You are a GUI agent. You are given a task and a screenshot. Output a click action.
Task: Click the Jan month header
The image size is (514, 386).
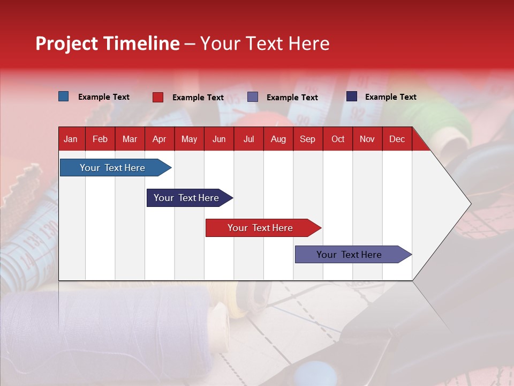[71, 139]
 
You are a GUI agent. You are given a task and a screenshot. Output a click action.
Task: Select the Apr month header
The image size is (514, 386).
[159, 139]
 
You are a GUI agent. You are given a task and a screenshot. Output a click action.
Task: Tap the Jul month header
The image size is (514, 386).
[248, 139]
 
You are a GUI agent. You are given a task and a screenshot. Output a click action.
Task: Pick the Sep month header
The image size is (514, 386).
[307, 139]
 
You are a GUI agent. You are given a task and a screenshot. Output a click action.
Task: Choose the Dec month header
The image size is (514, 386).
[397, 139]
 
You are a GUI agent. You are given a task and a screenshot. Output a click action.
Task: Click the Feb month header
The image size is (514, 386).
[100, 139]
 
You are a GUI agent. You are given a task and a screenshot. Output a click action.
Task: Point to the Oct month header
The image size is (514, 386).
[338, 139]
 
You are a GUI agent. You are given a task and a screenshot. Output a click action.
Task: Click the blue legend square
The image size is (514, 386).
[64, 96]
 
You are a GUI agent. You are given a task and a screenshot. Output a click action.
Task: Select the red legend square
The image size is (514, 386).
[158, 97]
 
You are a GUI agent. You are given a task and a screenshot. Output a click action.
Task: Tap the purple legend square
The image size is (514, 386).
[253, 97]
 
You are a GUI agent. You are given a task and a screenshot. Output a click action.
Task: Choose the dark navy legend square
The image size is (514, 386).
[352, 96]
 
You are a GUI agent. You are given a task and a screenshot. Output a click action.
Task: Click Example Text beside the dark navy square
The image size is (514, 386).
[390, 97]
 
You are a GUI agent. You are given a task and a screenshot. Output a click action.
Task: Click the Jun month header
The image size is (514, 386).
[219, 139]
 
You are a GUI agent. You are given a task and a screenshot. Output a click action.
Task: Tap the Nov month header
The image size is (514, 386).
[367, 139]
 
